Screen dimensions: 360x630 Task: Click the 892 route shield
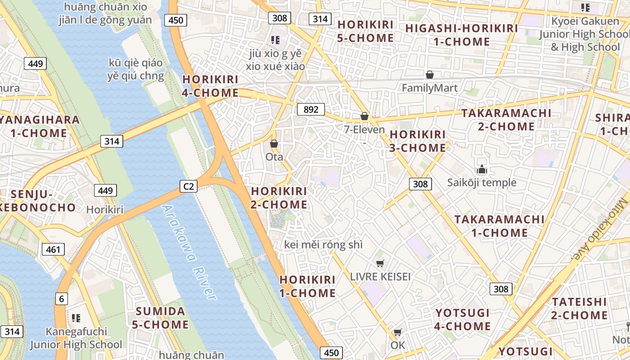311,109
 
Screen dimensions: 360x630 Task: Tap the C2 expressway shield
189,186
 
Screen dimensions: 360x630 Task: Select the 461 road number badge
53,249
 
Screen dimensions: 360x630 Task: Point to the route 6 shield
61,298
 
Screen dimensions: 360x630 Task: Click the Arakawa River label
189,252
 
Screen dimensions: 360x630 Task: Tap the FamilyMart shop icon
430,75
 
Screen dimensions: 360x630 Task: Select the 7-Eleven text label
364,130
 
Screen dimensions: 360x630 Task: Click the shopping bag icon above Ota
274,144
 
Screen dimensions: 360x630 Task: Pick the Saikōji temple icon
482,170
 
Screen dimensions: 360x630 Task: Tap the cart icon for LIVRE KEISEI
380,263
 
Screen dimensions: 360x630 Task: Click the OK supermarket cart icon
397,333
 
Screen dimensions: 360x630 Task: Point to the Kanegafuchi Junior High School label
76,338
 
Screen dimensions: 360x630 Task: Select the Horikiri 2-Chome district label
279,198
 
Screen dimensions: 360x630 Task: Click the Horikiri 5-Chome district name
365,31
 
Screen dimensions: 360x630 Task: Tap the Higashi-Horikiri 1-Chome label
461,35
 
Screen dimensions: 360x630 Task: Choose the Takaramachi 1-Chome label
499,226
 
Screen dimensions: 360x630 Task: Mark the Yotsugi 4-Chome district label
463,319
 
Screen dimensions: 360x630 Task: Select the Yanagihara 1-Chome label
40,126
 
